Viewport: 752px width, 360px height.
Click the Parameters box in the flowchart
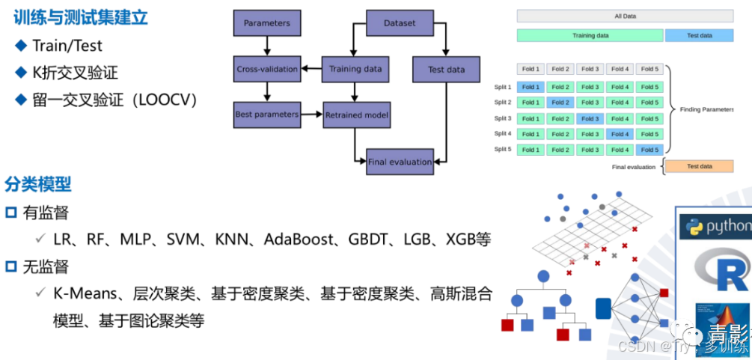pyautogui.click(x=266, y=23)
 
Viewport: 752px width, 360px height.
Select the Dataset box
pyautogui.click(x=400, y=23)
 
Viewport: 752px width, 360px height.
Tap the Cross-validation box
pyautogui.click(x=266, y=70)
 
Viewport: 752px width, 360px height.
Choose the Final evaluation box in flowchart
pyautogui.click(x=400, y=162)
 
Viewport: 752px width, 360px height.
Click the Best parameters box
pyautogui.click(x=266, y=115)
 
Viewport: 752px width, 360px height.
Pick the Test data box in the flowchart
pyautogui.click(x=446, y=70)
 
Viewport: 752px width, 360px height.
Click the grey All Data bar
pyautogui.click(x=625, y=16)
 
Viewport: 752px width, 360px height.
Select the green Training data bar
pyautogui.click(x=590, y=35)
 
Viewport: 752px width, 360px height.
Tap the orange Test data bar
pyautogui.click(x=699, y=166)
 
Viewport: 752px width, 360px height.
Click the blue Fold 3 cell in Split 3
pyautogui.click(x=590, y=118)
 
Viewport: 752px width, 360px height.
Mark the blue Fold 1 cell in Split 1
pyautogui.click(x=531, y=87)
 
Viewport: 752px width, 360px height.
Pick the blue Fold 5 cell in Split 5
pyautogui.click(x=649, y=150)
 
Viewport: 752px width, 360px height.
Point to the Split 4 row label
pyautogui.click(x=503, y=134)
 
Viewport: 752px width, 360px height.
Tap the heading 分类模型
pyautogui.click(x=38, y=183)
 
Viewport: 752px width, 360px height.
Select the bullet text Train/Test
pyautogui.click(x=67, y=46)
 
